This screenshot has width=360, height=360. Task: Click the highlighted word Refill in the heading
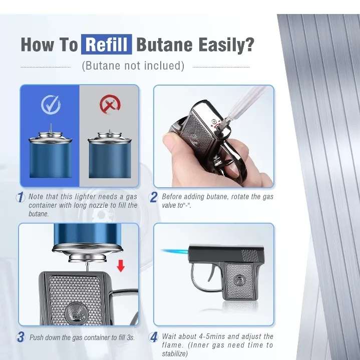[x=107, y=44]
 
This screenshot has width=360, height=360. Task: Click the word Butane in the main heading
[x=164, y=44]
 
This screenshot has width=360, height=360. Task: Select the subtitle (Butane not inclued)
[x=133, y=66]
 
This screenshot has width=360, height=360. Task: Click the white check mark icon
[x=51, y=105]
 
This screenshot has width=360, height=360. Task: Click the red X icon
[x=110, y=105]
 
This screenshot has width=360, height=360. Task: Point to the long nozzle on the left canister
[x=51, y=128]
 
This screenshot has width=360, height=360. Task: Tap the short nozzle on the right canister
[x=110, y=131]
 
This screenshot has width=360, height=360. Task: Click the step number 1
[x=21, y=197]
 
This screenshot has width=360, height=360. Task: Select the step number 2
[x=153, y=197]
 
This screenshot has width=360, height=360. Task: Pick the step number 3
[x=21, y=337]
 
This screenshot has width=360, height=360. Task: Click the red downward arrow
[x=121, y=266]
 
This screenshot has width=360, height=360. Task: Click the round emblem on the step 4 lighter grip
[x=239, y=281]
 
